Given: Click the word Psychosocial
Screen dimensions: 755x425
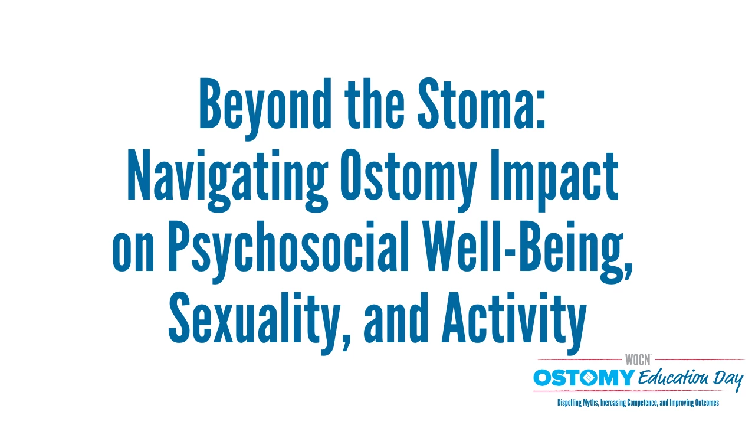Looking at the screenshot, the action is tap(288, 252).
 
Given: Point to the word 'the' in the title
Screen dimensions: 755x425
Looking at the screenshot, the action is tap(374, 103).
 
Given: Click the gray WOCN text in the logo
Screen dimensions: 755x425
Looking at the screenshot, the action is tap(638, 360).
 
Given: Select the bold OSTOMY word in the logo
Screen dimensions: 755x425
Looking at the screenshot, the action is tap(584, 378).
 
